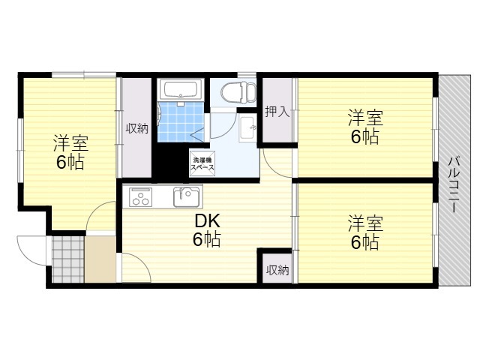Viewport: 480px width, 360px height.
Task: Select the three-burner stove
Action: click(141, 196)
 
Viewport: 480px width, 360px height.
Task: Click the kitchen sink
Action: click(187, 196)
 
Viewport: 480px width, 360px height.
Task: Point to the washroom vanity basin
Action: click(247, 128)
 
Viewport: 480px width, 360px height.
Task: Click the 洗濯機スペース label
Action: click(202, 163)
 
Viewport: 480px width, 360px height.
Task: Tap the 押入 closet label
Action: click(277, 112)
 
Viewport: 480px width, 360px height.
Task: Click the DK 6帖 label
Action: click(207, 230)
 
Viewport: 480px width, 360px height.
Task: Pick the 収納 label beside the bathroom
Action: click(136, 128)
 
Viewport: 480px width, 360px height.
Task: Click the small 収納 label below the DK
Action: click(277, 270)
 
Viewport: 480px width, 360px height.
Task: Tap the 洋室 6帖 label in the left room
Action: click(70, 152)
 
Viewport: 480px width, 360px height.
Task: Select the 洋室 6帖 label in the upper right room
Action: click(365, 127)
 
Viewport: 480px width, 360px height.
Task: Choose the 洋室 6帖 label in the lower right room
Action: click(365, 232)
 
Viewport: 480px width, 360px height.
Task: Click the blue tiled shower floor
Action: click(181, 121)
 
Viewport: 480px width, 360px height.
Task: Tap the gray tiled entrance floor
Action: click(67, 259)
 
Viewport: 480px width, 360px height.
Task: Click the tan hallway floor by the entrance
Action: click(100, 259)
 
